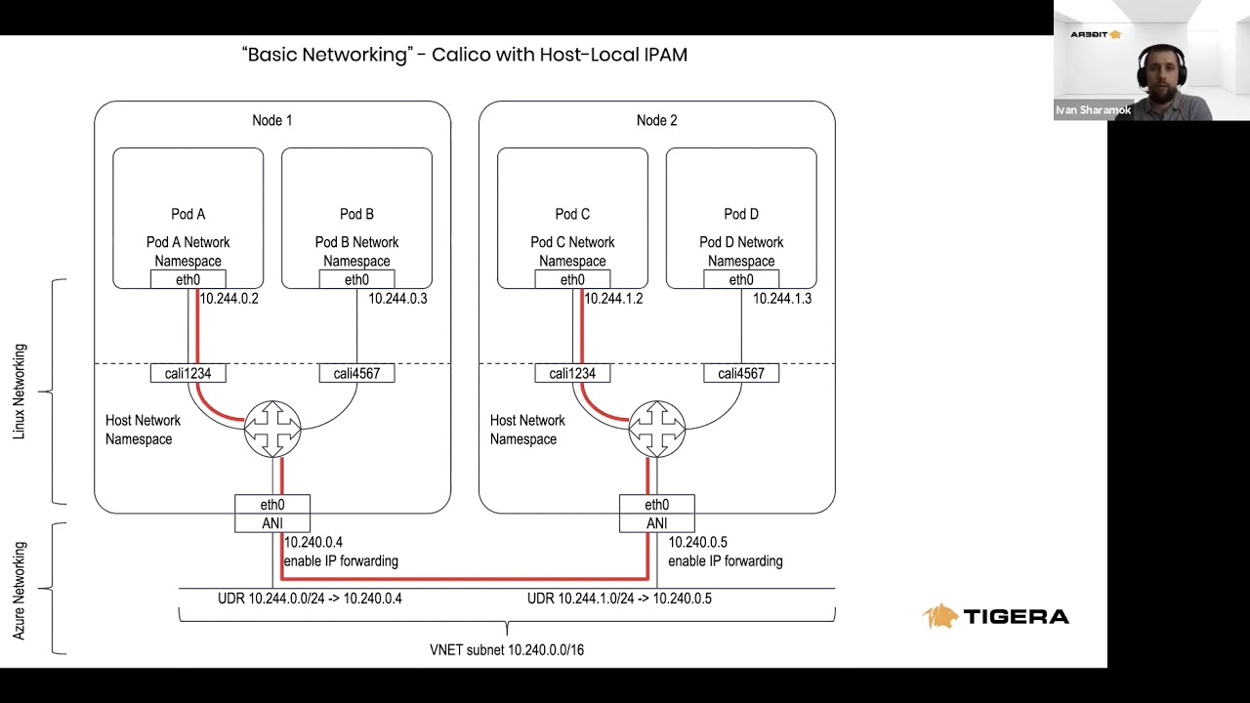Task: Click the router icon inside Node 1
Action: pyautogui.click(x=272, y=428)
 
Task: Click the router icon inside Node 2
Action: pyautogui.click(x=657, y=428)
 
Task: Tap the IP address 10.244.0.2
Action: pyautogui.click(x=229, y=299)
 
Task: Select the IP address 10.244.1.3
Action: pyautogui.click(x=781, y=299)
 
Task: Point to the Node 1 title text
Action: pyautogui.click(x=271, y=120)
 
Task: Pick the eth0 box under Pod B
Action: pyautogui.click(x=356, y=280)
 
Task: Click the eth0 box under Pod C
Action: pyautogui.click(x=572, y=280)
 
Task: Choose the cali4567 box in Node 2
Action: pyautogui.click(x=741, y=373)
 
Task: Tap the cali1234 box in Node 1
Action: pyautogui.click(x=187, y=373)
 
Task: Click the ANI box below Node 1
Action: pyautogui.click(x=272, y=523)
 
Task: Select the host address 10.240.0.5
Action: pyautogui.click(x=697, y=542)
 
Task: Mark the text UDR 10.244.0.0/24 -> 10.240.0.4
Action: pyautogui.click(x=310, y=599)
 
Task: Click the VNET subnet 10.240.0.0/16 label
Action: pyautogui.click(x=507, y=649)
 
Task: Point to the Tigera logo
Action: pyautogui.click(x=995, y=616)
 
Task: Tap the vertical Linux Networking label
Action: pyautogui.click(x=20, y=392)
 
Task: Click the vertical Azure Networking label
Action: pyautogui.click(x=20, y=591)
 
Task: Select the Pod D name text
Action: pyautogui.click(x=741, y=214)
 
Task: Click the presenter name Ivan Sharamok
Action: pyautogui.click(x=1093, y=110)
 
